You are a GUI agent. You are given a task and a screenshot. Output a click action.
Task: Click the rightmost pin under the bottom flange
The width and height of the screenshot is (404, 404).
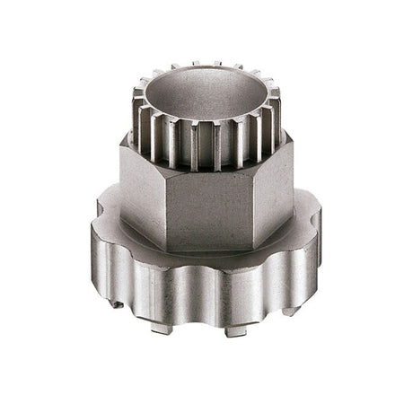289,311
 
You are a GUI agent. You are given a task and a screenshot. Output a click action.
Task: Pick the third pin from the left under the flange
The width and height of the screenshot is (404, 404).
234,331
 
